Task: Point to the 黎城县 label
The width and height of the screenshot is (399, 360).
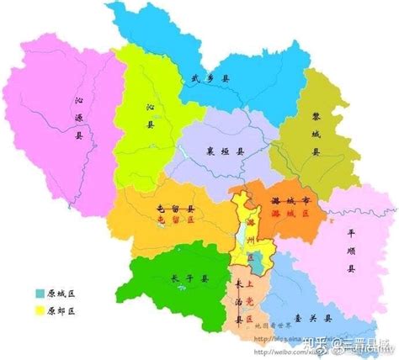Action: pos(316,134)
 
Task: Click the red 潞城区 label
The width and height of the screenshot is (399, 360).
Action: pos(290,215)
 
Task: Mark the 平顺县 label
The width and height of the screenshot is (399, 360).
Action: pos(349,249)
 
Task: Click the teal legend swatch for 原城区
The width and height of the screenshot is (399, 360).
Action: pos(40,293)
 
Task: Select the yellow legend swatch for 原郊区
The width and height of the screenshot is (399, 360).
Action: pos(40,310)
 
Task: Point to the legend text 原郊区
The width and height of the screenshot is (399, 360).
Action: pos(61,310)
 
